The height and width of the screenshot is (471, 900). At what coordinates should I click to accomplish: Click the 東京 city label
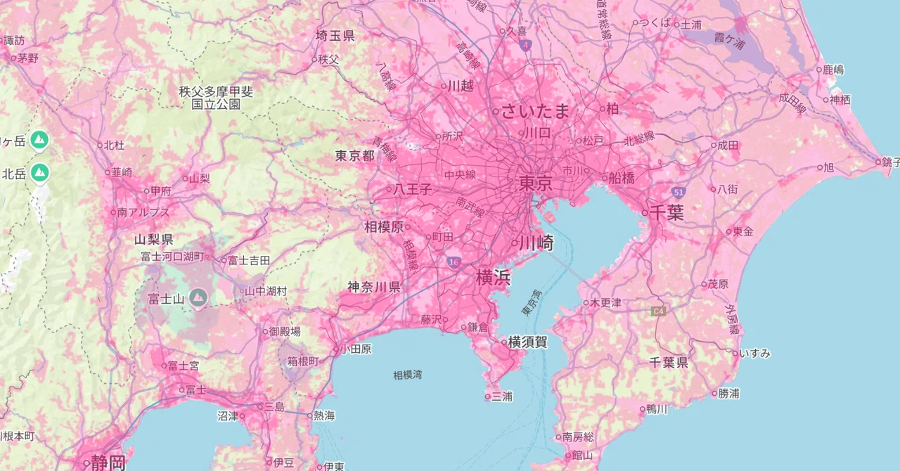[536, 184]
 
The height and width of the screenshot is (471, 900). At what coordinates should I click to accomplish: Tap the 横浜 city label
[493, 278]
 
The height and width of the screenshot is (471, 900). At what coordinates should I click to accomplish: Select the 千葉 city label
[666, 213]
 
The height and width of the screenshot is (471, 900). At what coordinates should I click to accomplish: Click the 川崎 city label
[536, 244]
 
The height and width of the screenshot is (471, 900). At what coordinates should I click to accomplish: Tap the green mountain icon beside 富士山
[198, 298]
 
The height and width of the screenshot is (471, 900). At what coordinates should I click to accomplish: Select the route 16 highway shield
[454, 262]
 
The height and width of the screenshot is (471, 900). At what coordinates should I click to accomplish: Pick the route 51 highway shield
[678, 191]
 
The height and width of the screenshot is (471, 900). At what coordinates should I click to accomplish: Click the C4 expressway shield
[658, 310]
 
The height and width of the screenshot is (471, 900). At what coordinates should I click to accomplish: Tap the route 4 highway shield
[526, 45]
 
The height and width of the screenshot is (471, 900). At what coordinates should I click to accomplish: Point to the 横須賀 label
[527, 342]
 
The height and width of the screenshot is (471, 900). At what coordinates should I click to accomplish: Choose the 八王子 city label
[412, 189]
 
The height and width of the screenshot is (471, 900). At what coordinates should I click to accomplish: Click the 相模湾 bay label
[408, 375]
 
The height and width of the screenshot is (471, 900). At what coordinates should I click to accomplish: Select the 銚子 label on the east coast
[890, 162]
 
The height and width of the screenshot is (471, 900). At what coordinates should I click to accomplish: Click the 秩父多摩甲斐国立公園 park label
[216, 98]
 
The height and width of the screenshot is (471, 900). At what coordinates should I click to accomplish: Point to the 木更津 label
[605, 303]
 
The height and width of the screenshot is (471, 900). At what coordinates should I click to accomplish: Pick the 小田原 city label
[356, 349]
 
